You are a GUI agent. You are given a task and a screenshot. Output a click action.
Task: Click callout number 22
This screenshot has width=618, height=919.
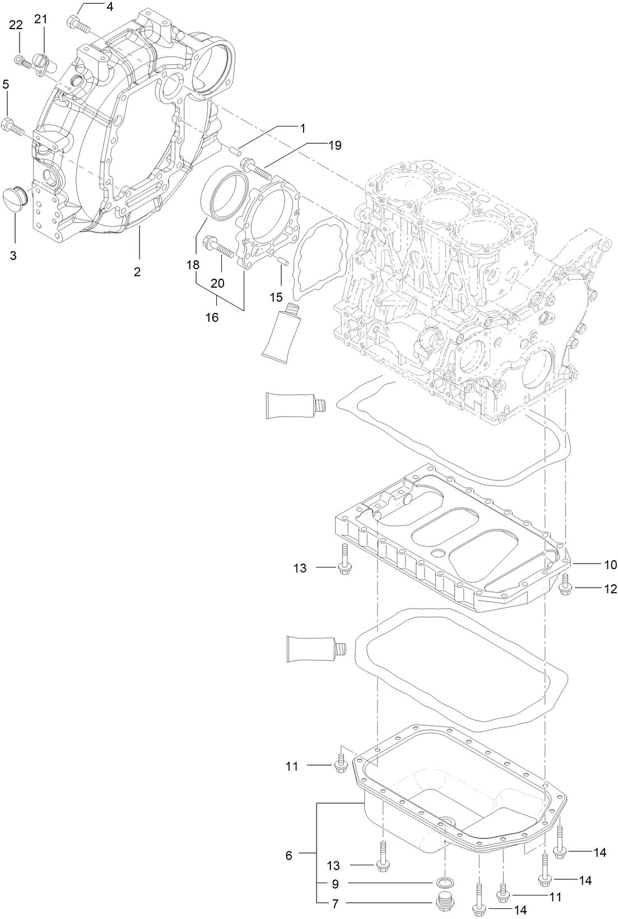(16, 25)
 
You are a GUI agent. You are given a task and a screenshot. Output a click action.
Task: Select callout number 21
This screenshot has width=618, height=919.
(41, 18)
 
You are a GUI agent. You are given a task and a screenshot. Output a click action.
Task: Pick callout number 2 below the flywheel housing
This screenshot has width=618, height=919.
(137, 272)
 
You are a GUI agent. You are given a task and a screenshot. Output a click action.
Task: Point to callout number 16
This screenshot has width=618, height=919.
(212, 317)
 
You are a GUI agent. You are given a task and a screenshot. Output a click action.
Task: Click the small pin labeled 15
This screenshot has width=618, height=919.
(282, 260)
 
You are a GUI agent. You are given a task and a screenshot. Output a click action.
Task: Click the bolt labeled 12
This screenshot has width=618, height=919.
(565, 584)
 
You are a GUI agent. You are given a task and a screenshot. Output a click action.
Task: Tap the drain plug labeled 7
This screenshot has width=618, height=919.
(444, 902)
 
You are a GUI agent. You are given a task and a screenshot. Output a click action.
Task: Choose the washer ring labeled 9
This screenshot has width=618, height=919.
(444, 883)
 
